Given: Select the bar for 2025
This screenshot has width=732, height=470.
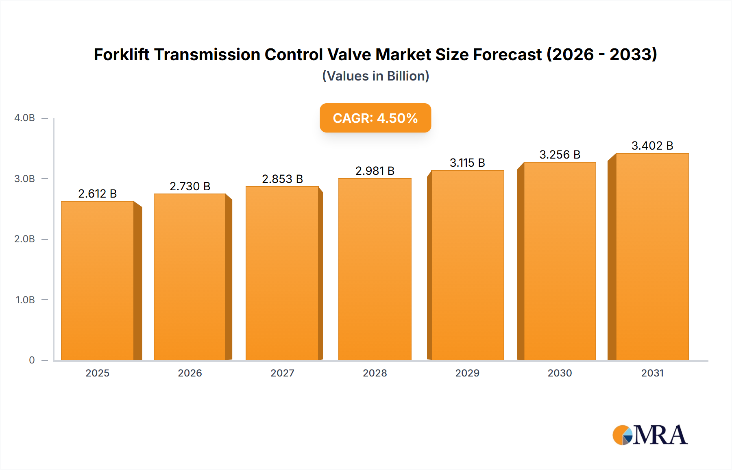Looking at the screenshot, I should pos(98,281).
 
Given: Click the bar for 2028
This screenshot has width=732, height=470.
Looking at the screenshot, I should pos(375,269).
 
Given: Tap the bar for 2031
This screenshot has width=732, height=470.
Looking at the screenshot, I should pos(652,257).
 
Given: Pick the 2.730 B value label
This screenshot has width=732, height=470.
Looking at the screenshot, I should pos(190,186).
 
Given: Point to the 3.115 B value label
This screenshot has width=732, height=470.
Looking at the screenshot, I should pos(467,163).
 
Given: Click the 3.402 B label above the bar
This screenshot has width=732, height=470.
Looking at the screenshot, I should pos(652,146).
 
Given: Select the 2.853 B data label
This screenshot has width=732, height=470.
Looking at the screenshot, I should pos(282,179).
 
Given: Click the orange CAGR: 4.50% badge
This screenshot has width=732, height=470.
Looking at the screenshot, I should pos(375,118).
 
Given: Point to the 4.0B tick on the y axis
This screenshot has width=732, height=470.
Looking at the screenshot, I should pos(25,118).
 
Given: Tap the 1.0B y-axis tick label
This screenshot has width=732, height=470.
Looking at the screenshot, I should pos(25,300).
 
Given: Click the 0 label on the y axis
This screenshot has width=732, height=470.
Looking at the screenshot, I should pos(32,360).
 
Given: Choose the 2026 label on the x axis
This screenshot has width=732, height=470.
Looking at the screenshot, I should pos(190,373).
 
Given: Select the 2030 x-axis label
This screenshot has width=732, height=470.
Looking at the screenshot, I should pos(560,373).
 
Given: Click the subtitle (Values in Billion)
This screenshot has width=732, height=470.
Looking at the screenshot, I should pos(375,76).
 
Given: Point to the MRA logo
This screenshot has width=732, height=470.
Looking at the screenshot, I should pos(649,435).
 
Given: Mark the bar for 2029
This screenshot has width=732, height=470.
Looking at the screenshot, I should pos(467,265).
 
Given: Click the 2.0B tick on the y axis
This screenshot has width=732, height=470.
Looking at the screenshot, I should pos(25,239).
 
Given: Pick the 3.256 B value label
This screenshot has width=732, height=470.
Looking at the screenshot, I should pos(560,154).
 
